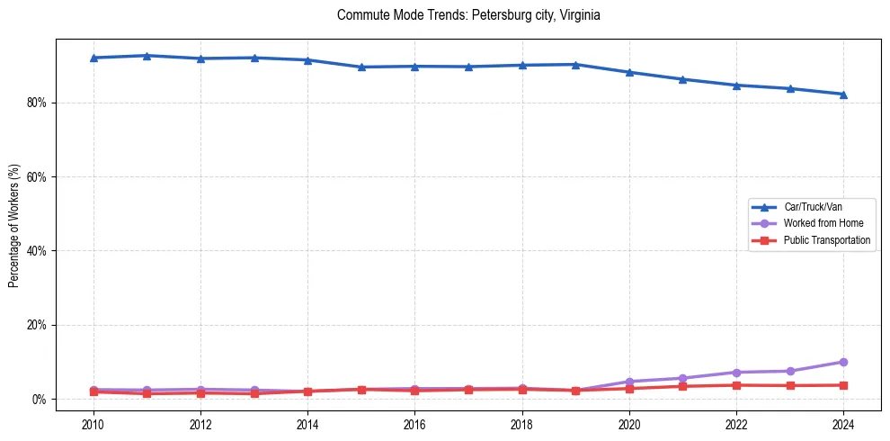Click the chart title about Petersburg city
(x=467, y=15)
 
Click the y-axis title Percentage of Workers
(x=13, y=226)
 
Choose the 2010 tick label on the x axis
(x=93, y=424)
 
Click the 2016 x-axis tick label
(x=414, y=424)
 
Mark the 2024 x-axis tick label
(x=843, y=424)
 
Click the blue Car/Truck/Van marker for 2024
(x=843, y=94)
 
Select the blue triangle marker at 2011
(x=147, y=56)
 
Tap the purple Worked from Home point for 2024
(x=843, y=362)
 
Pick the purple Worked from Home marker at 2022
(x=736, y=373)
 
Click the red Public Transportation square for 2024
(x=843, y=385)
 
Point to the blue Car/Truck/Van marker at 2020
(x=629, y=72)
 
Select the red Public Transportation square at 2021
(x=682, y=386)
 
